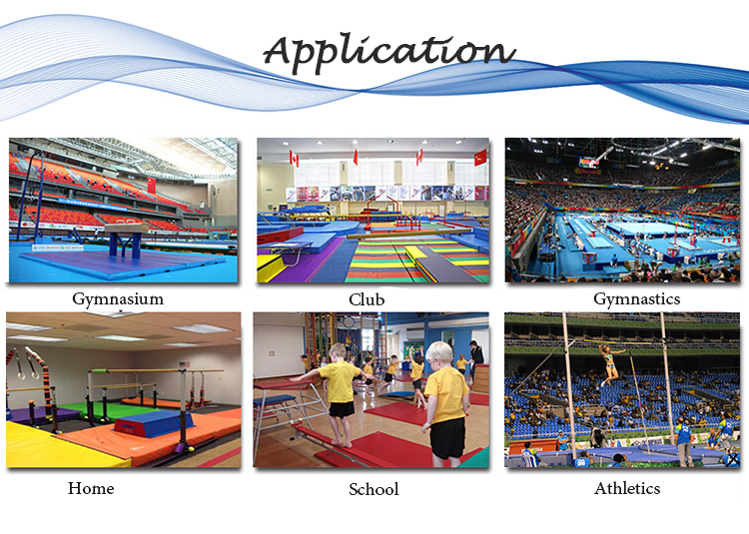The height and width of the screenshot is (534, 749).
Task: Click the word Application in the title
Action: tap(389, 54)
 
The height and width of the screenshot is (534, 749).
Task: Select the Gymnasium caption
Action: tap(118, 299)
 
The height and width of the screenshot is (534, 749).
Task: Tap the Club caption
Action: tap(367, 299)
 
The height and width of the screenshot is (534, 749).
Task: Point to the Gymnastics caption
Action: tap(637, 299)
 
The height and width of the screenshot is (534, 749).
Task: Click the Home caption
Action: tap(91, 488)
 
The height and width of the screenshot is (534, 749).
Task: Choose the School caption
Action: tap(374, 489)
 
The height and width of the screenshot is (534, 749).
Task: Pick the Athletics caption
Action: tap(627, 488)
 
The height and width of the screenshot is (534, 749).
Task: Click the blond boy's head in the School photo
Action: tap(439, 353)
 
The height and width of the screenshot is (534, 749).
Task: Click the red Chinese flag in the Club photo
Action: tap(480, 158)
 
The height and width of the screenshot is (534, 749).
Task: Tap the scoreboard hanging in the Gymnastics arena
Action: tap(588, 163)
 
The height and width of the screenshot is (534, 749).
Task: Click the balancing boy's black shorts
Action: tap(342, 409)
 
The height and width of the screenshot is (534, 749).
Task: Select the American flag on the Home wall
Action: tap(184, 364)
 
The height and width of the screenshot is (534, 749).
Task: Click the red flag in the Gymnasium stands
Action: tap(152, 185)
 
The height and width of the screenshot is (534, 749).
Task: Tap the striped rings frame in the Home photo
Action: tap(43, 377)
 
